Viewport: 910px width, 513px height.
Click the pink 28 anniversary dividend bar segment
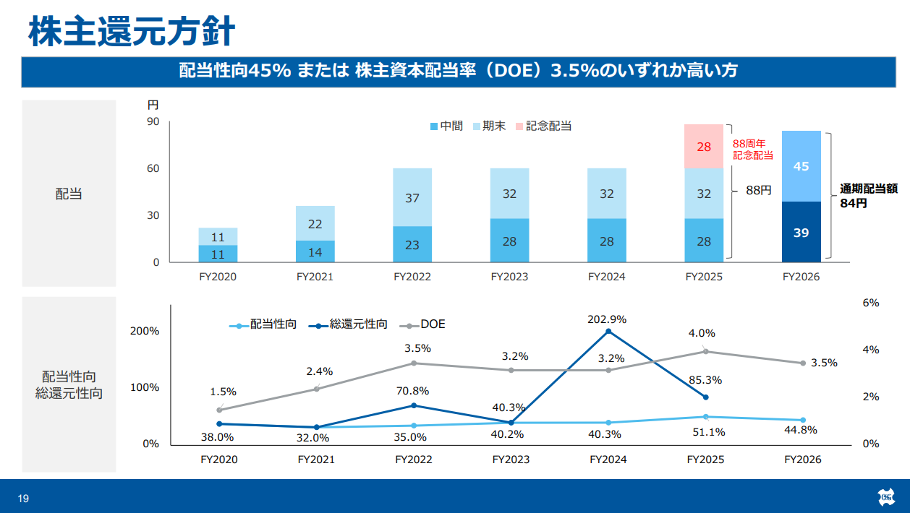coord(704,147)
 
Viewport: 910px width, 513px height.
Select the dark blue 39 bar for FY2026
coord(801,232)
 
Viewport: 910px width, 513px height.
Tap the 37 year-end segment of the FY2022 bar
coord(412,197)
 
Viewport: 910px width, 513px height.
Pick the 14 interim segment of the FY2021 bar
coord(315,251)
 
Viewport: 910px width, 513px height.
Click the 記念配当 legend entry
coord(543,126)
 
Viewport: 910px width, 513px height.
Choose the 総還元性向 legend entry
coord(348,324)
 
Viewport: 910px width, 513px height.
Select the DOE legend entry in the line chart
coord(422,324)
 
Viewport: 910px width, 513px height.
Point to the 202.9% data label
coord(607,319)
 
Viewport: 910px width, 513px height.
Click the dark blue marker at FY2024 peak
coord(608,332)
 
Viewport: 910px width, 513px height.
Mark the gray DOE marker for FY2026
coord(803,363)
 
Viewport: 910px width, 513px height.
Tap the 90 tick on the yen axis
coord(153,121)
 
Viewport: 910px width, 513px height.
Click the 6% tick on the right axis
coord(871,303)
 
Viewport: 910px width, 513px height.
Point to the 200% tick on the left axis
coord(145,331)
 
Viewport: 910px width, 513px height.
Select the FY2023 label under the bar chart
coord(509,277)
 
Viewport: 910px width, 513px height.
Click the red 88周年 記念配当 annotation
coord(753,150)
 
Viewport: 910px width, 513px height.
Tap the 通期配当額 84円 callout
coord(869,196)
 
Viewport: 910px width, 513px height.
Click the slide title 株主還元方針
coord(132,31)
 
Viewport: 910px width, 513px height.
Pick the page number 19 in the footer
coord(24,499)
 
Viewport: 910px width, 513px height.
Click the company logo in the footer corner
coord(886,497)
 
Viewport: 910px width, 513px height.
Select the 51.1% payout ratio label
coord(708,432)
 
